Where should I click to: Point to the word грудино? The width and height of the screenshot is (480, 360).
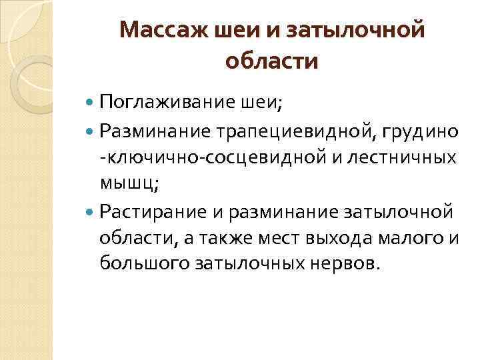423,131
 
